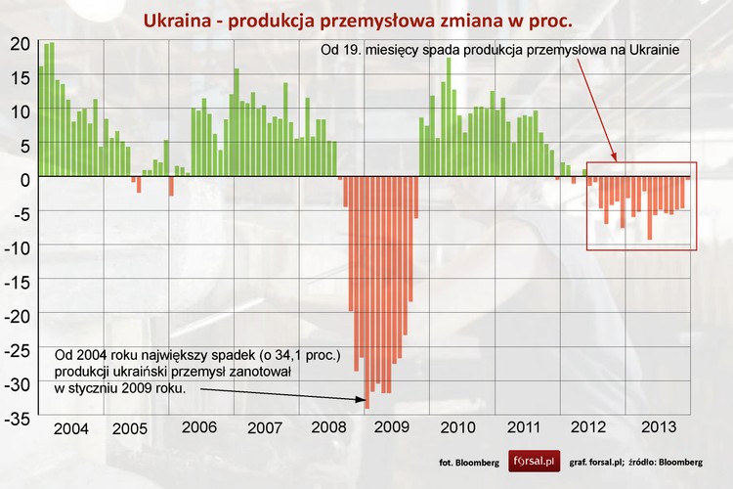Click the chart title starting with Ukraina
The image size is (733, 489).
coord(358,21)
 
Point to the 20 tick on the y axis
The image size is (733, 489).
coord(20,43)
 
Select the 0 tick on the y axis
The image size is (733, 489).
coord(26,178)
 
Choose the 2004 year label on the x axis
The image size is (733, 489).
coord(71,429)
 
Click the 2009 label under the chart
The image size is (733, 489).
coord(390,427)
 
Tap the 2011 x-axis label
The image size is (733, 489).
coord(522,427)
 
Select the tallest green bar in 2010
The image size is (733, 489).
coord(449,117)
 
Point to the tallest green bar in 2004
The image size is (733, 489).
coord(51,110)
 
